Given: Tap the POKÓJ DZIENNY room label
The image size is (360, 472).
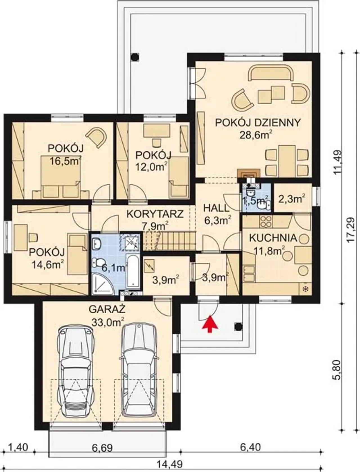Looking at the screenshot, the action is click(258, 123).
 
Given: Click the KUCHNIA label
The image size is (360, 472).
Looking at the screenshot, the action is click(273, 238).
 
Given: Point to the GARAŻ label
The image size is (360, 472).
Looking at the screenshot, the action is click(107, 309).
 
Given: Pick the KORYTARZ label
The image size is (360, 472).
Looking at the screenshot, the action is click(155, 214).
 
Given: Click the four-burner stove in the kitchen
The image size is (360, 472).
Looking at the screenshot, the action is click(266, 221).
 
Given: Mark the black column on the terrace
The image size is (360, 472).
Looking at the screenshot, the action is click(135, 57).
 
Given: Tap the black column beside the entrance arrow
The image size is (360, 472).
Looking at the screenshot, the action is click(238, 327).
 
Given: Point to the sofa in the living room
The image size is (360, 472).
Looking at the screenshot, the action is click(271, 73).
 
